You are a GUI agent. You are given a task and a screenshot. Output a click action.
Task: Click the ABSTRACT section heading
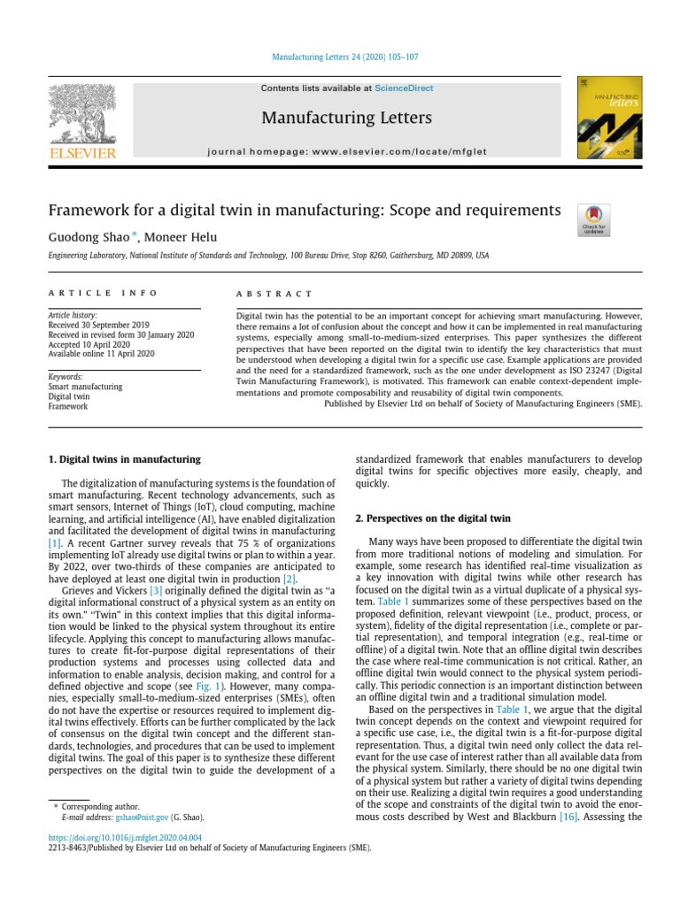tap(274, 293)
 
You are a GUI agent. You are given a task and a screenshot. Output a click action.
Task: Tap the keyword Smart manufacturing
tap(86, 387)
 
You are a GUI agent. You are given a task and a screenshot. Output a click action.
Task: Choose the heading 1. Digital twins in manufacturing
tap(123, 460)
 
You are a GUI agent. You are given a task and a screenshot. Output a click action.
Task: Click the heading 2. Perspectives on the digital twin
tap(429, 518)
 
